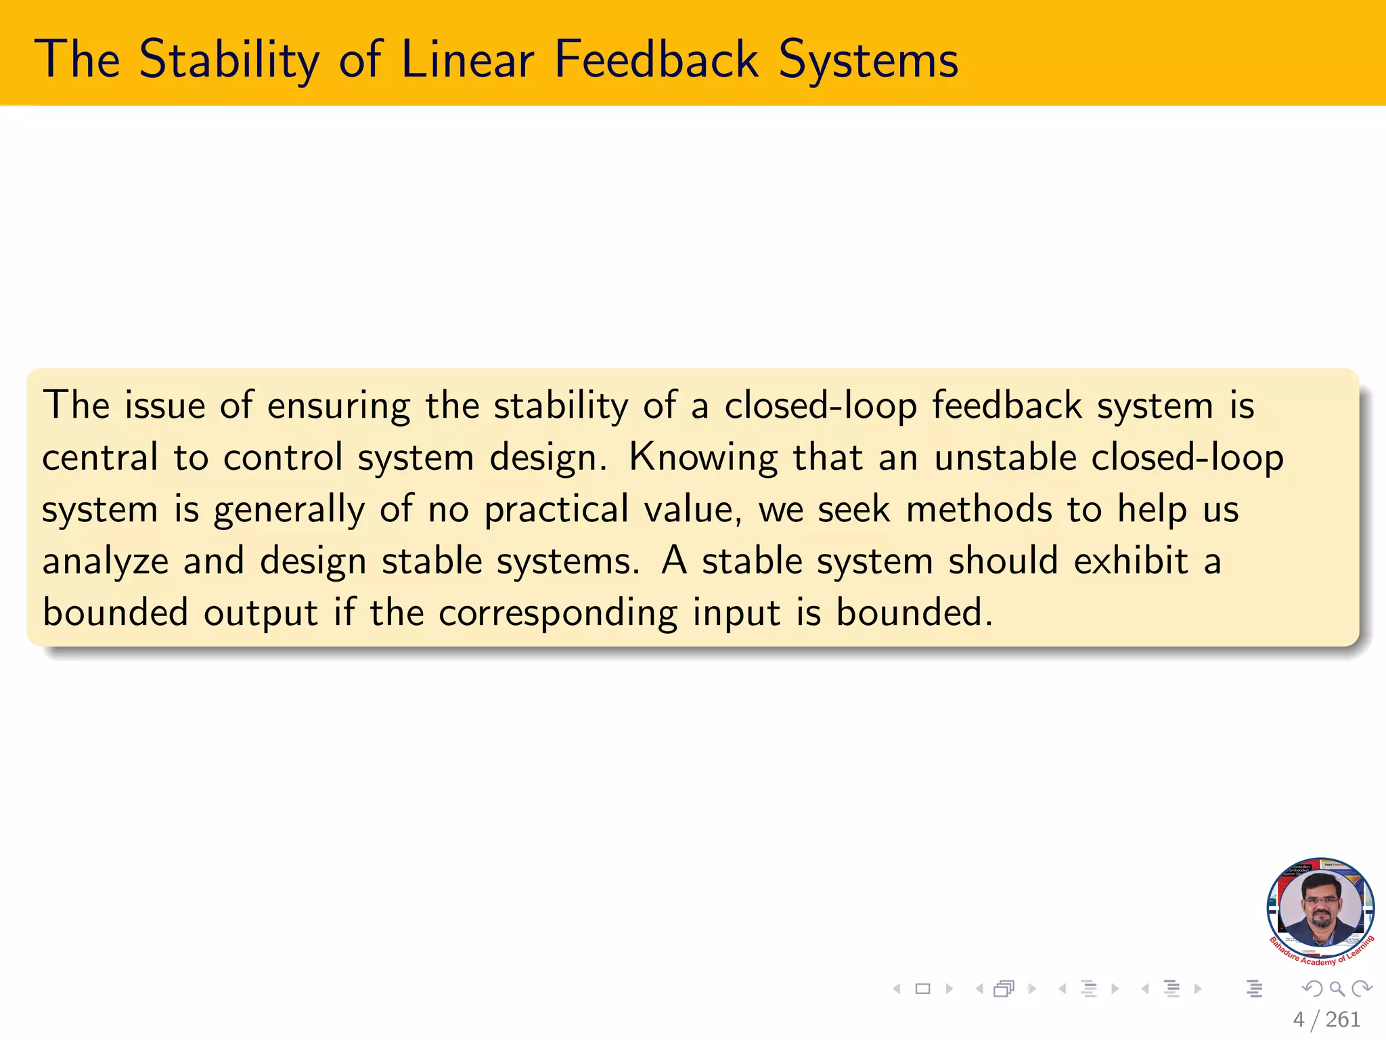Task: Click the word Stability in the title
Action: pyautogui.click(x=228, y=60)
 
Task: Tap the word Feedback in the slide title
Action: pyautogui.click(x=655, y=60)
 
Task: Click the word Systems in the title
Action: pyautogui.click(x=868, y=60)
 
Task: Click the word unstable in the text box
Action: pyautogui.click(x=1005, y=457)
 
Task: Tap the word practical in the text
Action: pyautogui.click(x=556, y=510)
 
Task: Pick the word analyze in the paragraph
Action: pyautogui.click(x=105, y=562)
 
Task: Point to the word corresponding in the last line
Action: pyautogui.click(x=558, y=613)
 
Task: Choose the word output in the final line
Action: pyautogui.click(x=261, y=613)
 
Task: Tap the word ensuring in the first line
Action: pyautogui.click(x=338, y=406)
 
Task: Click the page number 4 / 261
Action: pyautogui.click(x=1326, y=1020)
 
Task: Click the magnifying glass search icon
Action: pyautogui.click(x=1337, y=989)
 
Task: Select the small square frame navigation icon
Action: pyautogui.click(x=922, y=989)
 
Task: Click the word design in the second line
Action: pyautogui.click(x=547, y=458)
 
